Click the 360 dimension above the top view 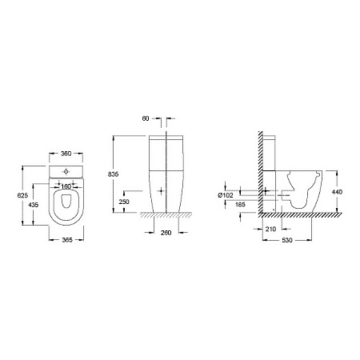[66, 154]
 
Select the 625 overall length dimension [22, 195]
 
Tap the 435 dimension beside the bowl [33, 205]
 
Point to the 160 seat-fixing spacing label [66, 186]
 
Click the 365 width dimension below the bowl [67, 240]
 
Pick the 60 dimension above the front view [146, 118]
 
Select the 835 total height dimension [113, 174]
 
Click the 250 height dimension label [124, 202]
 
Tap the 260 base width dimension [166, 233]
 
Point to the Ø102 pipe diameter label [226, 195]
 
